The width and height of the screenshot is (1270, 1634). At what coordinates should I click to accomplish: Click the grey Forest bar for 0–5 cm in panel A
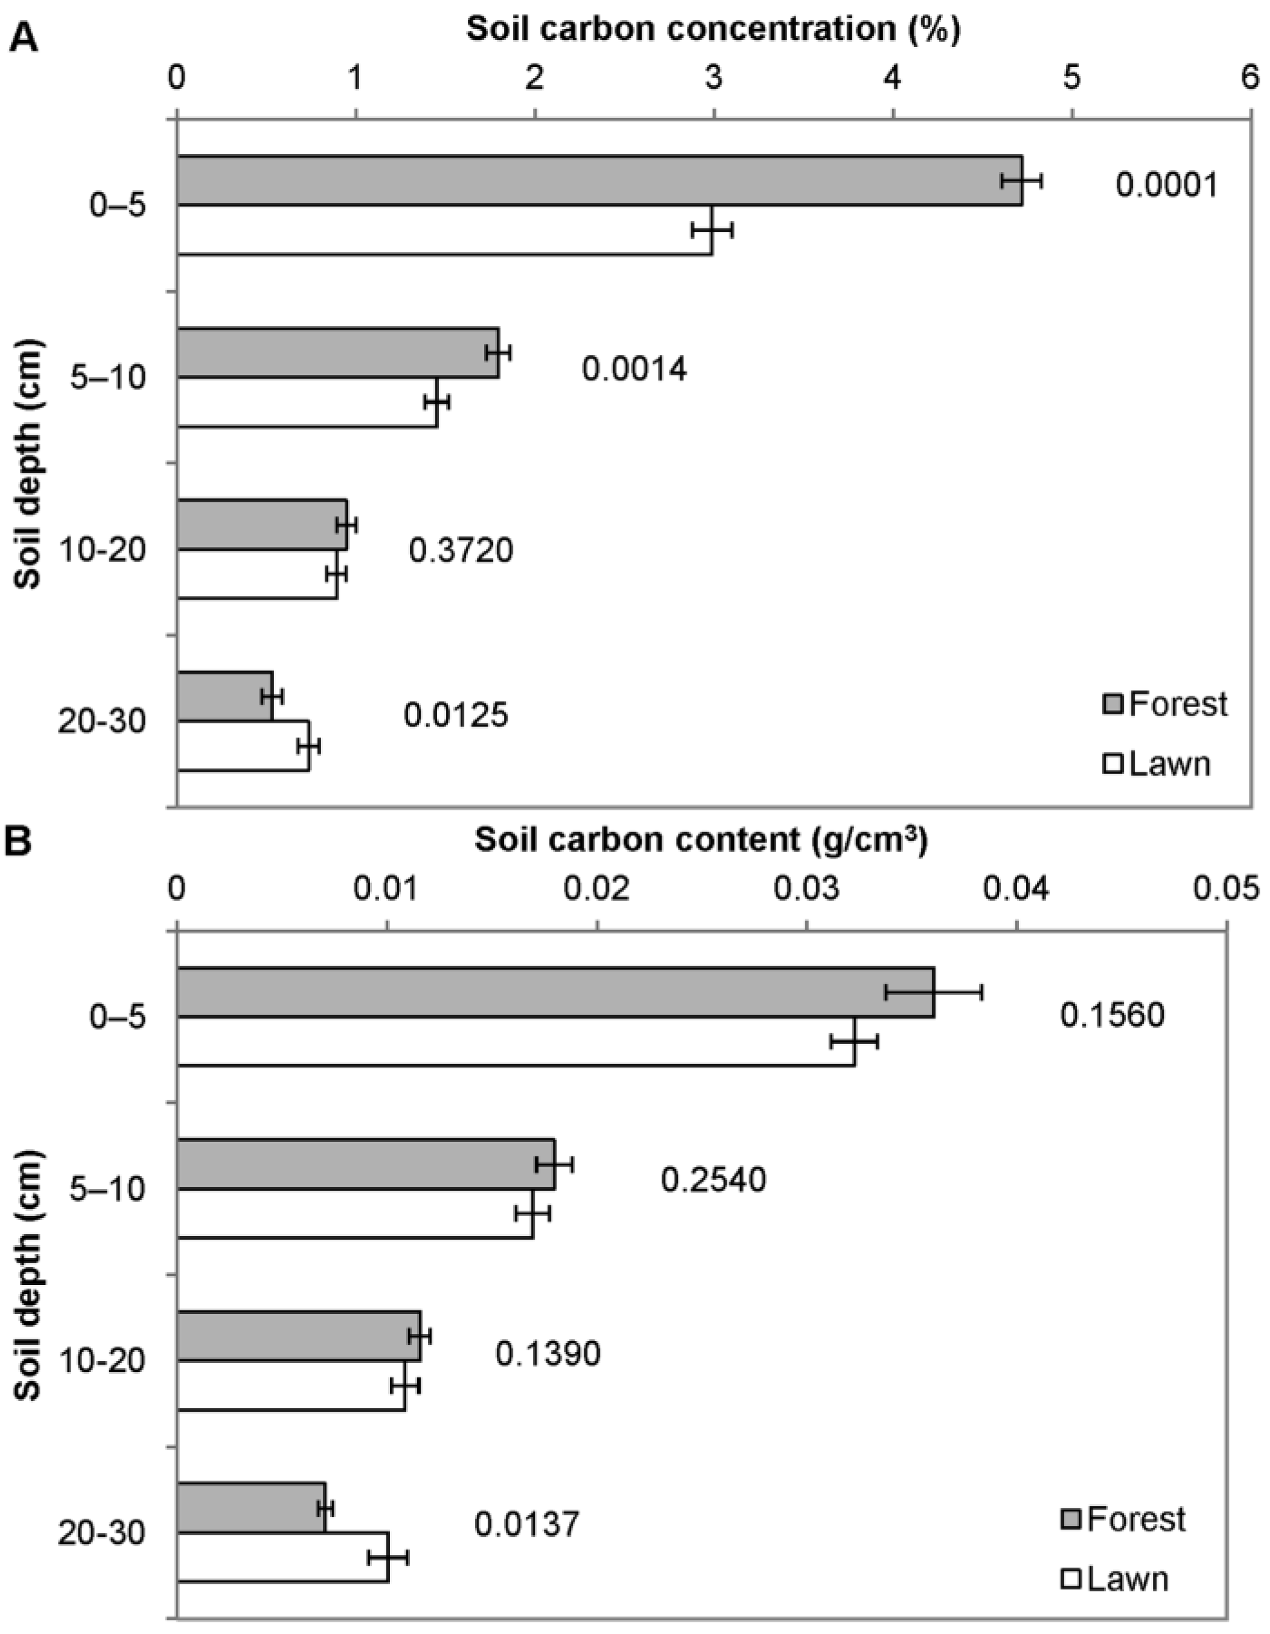coord(598,181)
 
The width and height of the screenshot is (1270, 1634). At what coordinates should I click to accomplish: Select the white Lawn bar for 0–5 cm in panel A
coord(445,231)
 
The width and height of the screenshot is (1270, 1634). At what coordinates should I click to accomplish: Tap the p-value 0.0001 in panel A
coord(1167,185)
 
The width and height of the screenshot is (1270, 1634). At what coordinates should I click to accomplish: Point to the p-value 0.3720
coord(461,551)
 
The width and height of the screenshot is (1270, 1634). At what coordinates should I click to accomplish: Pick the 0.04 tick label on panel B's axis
coord(1016,891)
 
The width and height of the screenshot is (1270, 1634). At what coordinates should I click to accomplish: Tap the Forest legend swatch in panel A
coord(1113,704)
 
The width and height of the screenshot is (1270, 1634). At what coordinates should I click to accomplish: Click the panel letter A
coord(23,36)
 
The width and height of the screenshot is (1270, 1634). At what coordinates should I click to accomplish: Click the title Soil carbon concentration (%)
coord(713,29)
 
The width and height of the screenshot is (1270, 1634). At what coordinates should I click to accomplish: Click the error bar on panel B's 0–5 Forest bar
coord(933,992)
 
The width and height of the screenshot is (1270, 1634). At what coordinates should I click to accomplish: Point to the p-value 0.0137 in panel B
coord(526,1524)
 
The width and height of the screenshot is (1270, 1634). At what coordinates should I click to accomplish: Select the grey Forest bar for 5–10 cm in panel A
coord(338,353)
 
